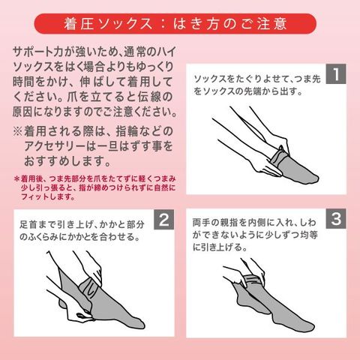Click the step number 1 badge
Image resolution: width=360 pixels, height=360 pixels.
click(x=336, y=73)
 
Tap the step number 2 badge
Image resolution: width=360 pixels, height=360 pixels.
click(x=163, y=220)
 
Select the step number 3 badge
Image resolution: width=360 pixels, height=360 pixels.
click(x=336, y=218)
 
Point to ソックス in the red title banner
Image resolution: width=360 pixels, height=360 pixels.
click(x=125, y=24)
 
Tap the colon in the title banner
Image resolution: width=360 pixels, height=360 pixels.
click(x=163, y=24)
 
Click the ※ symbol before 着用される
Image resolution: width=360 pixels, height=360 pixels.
click(x=18, y=131)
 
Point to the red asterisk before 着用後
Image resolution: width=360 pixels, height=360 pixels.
click(x=16, y=179)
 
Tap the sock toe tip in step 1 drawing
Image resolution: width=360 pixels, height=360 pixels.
click(x=317, y=179)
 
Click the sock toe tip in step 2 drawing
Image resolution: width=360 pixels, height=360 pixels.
click(x=142, y=324)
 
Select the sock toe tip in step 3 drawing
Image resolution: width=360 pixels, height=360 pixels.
click(x=313, y=325)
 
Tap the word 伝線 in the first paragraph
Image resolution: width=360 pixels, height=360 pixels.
click(x=149, y=97)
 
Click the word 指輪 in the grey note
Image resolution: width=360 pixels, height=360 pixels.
click(x=127, y=131)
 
